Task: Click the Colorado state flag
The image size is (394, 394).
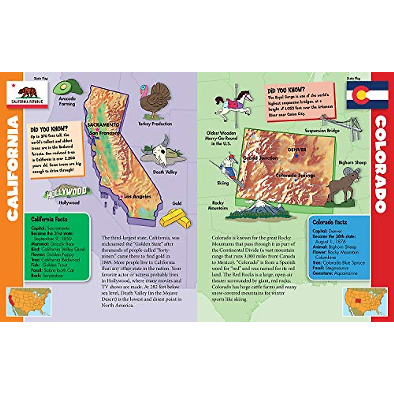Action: (x=367, y=95)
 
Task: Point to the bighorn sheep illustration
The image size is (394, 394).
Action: (x=343, y=186)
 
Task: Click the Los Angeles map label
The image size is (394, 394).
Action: (x=138, y=196)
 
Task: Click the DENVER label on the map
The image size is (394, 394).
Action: (x=297, y=150)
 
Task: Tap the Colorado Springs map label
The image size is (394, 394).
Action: (x=295, y=175)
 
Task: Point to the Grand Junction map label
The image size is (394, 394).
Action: (x=260, y=158)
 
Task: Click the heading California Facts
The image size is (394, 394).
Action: (x=49, y=219)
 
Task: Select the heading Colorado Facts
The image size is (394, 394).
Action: (x=330, y=222)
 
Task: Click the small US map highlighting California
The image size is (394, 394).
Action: (x=29, y=302)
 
